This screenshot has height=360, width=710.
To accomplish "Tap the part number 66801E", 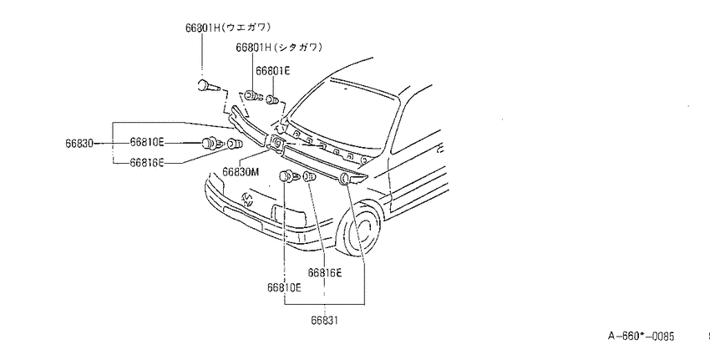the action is tap(273, 71).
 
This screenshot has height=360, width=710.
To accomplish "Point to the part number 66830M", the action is tap(241, 172).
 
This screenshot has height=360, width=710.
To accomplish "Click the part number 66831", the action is tap(324, 320).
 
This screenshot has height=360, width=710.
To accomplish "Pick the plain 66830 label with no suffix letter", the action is tap(79, 144).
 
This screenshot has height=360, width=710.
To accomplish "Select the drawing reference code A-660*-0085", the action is tap(641, 336).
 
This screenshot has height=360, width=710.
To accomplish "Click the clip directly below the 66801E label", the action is tap(272, 99).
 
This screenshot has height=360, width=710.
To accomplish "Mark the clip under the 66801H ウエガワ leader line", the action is tap(208, 85).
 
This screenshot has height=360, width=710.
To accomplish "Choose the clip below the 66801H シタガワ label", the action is tap(253, 95).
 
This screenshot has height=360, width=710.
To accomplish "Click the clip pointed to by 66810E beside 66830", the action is tap(211, 144).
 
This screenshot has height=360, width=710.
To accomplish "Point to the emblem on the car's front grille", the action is tap(247, 200).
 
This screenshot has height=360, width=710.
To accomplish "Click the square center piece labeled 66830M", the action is tap(276, 144).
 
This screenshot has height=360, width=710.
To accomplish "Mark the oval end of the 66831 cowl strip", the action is tap(344, 179).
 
